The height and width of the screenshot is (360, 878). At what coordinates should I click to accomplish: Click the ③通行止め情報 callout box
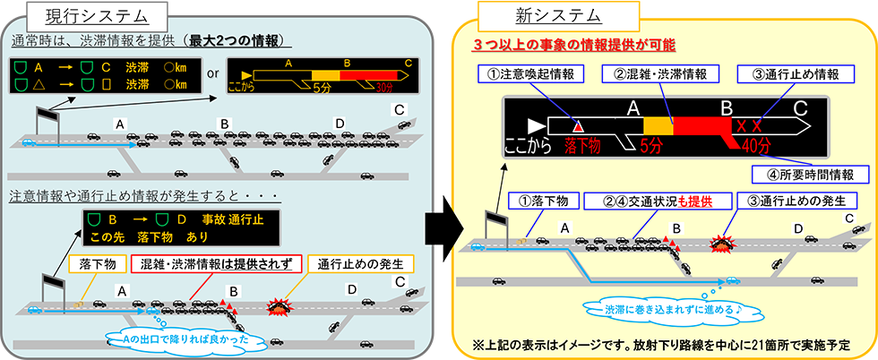(x=788, y=73)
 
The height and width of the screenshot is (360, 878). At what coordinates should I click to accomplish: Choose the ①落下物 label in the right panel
(x=545, y=201)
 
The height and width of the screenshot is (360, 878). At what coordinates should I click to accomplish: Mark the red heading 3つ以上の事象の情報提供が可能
(x=574, y=43)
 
